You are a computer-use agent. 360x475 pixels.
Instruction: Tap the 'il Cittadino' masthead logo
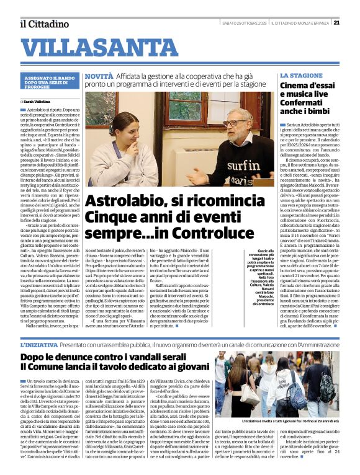tap(44, 24)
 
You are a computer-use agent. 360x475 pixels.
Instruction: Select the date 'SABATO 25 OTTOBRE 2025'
tap(248, 24)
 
